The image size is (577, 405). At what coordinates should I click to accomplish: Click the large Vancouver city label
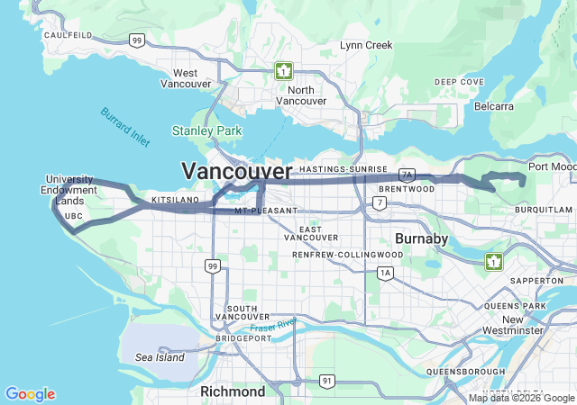point(237,171)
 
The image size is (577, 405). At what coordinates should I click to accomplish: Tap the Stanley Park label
point(207,131)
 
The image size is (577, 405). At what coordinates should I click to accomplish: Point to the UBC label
point(74,216)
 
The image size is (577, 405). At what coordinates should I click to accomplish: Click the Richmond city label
point(232,391)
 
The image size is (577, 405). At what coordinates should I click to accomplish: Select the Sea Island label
point(160,357)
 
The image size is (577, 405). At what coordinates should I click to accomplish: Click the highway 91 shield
point(325,382)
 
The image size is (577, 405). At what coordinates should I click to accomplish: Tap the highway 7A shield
point(407,175)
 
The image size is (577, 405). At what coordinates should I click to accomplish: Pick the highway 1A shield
point(386,273)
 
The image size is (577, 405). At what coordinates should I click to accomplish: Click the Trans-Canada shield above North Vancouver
point(284,70)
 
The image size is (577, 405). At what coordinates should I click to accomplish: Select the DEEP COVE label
point(459,82)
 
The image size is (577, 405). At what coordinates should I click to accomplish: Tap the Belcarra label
point(494,106)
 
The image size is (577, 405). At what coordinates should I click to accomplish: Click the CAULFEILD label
point(68,34)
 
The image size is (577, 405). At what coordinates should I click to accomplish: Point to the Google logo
point(30,394)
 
